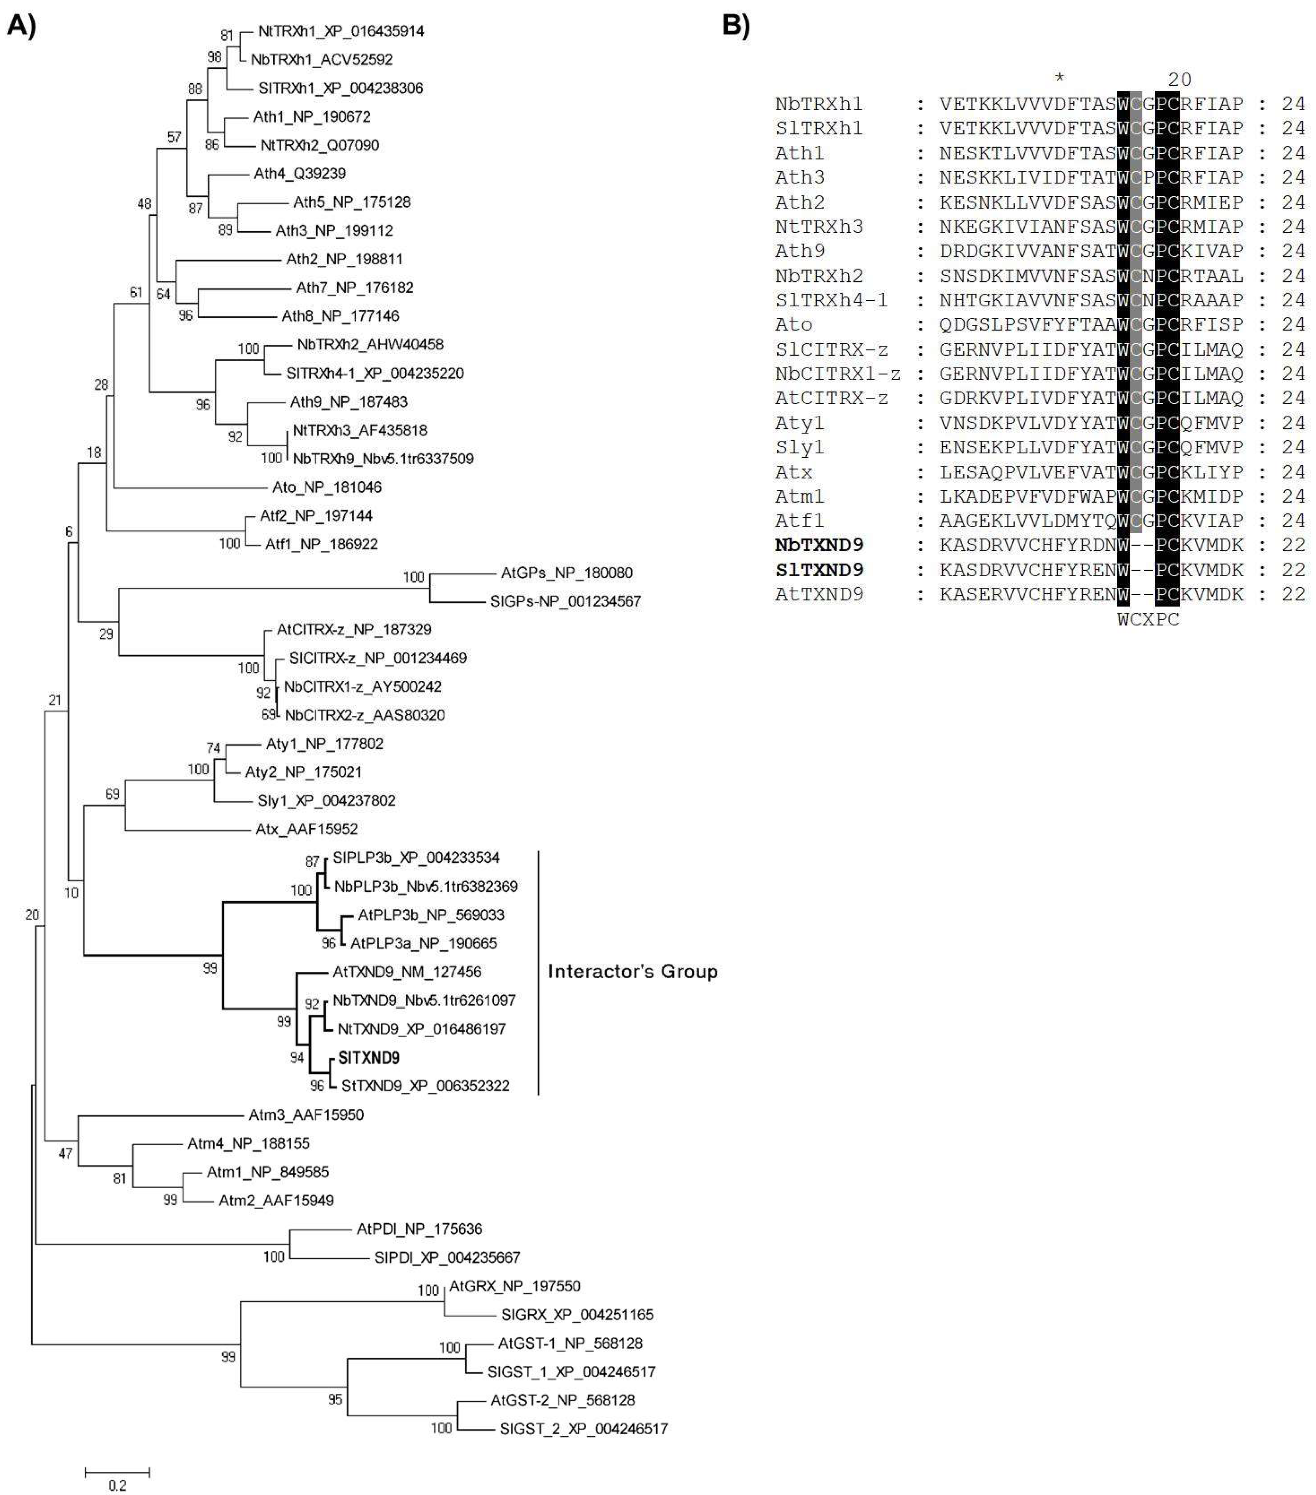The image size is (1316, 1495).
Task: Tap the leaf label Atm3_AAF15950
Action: (306, 1115)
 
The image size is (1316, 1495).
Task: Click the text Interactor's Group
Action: (633, 971)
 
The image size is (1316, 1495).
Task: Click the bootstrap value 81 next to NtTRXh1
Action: (227, 35)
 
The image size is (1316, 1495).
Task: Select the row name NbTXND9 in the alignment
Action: (819, 545)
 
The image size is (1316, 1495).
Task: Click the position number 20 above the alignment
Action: (1179, 79)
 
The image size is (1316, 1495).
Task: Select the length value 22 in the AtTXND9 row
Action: (1292, 594)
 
